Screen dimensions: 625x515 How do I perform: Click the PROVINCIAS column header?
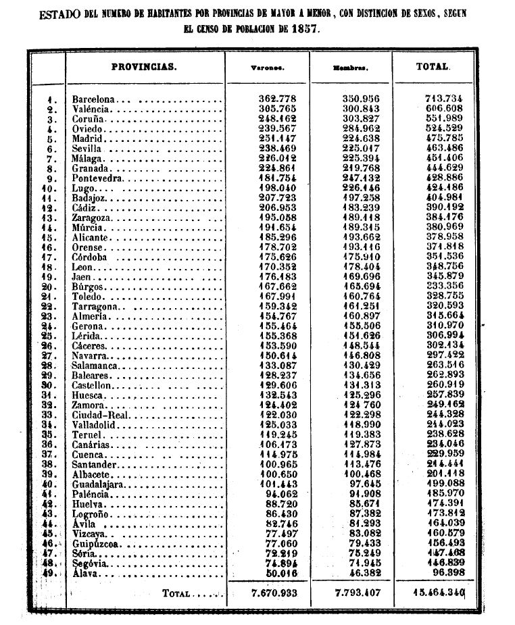[143, 67]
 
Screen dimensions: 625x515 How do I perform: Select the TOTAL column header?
[433, 67]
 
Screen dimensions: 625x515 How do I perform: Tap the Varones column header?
[267, 68]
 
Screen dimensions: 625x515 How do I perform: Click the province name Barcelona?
[94, 99]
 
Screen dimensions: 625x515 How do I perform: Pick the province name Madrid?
[87, 139]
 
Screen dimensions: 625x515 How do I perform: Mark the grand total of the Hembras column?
[353, 593]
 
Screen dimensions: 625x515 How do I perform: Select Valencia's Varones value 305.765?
[278, 108]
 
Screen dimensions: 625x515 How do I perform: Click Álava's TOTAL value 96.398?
[446, 573]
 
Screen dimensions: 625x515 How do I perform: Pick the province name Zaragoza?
[93, 218]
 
